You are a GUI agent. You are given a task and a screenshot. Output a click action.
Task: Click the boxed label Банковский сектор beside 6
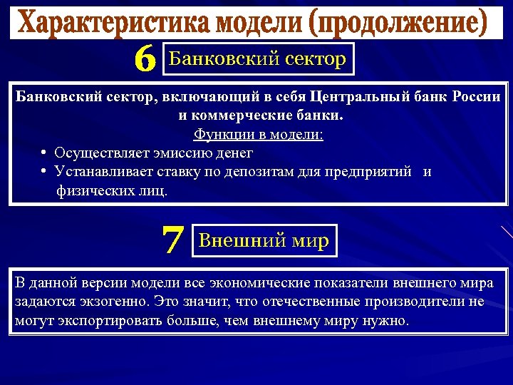258,59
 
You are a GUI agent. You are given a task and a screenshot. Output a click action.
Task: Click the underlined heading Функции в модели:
259,134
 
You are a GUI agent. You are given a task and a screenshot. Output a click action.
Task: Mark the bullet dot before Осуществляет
44,153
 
